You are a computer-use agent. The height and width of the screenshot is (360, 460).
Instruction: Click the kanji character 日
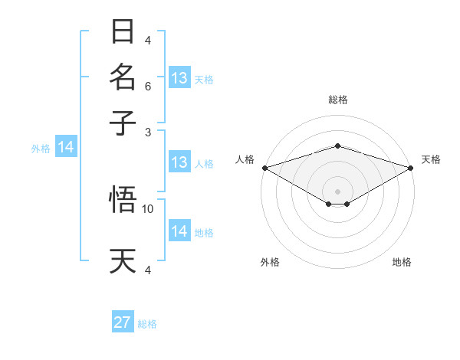(x=123, y=32)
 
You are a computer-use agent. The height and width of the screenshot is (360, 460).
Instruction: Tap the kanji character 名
(x=123, y=77)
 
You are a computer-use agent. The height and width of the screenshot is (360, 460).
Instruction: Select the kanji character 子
(x=123, y=122)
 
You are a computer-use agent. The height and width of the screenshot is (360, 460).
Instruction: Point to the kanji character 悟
(x=123, y=200)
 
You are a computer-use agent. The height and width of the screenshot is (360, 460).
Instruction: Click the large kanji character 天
(x=123, y=260)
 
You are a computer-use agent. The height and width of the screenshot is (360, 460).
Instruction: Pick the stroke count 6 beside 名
(x=148, y=87)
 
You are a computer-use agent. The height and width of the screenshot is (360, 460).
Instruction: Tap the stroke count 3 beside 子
(x=148, y=132)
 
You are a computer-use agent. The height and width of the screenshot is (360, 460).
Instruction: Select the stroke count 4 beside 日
(x=148, y=41)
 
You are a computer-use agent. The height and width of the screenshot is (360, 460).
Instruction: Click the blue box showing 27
(x=123, y=322)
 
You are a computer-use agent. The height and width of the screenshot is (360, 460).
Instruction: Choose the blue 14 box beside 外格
(x=65, y=148)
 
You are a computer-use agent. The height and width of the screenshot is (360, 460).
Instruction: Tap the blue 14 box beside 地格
(x=179, y=231)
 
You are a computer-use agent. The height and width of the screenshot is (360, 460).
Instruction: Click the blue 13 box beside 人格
(x=179, y=162)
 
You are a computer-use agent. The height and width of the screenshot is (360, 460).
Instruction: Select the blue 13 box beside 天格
(x=179, y=78)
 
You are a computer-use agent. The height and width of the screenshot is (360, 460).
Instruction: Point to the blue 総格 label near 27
(x=147, y=324)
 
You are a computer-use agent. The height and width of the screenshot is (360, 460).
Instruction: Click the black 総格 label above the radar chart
(x=337, y=100)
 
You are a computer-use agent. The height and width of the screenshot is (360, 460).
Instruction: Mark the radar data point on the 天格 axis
(x=411, y=168)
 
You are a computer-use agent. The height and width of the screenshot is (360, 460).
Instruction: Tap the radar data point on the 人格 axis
(x=264, y=168)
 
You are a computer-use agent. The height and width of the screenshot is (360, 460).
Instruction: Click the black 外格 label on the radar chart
(x=269, y=262)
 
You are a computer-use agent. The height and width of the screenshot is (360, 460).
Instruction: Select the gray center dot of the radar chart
(x=337, y=190)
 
